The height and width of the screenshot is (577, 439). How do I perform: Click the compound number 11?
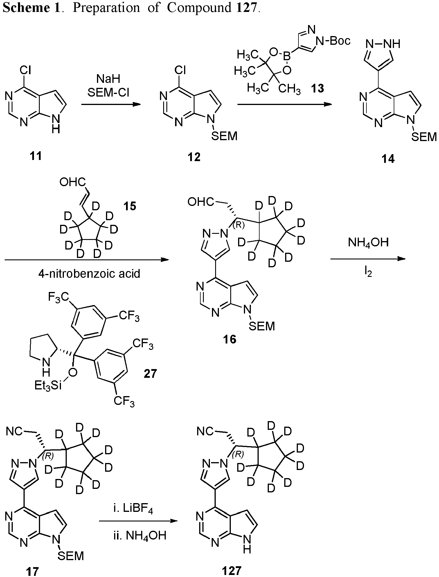tap(35, 156)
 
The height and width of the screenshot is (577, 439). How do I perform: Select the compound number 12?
tap(194, 157)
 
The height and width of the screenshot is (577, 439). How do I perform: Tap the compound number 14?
tap(388, 159)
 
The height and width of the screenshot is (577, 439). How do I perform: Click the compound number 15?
tap(129, 206)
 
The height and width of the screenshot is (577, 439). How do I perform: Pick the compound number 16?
tap(229, 339)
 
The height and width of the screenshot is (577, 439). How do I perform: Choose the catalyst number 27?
tap(150, 373)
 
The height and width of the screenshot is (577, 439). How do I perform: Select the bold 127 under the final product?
tap(231, 571)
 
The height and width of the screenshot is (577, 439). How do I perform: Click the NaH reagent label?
tap(108, 79)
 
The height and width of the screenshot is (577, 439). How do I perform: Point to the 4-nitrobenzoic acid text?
tap(89, 273)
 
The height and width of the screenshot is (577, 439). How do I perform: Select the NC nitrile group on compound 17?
tap(14, 432)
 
